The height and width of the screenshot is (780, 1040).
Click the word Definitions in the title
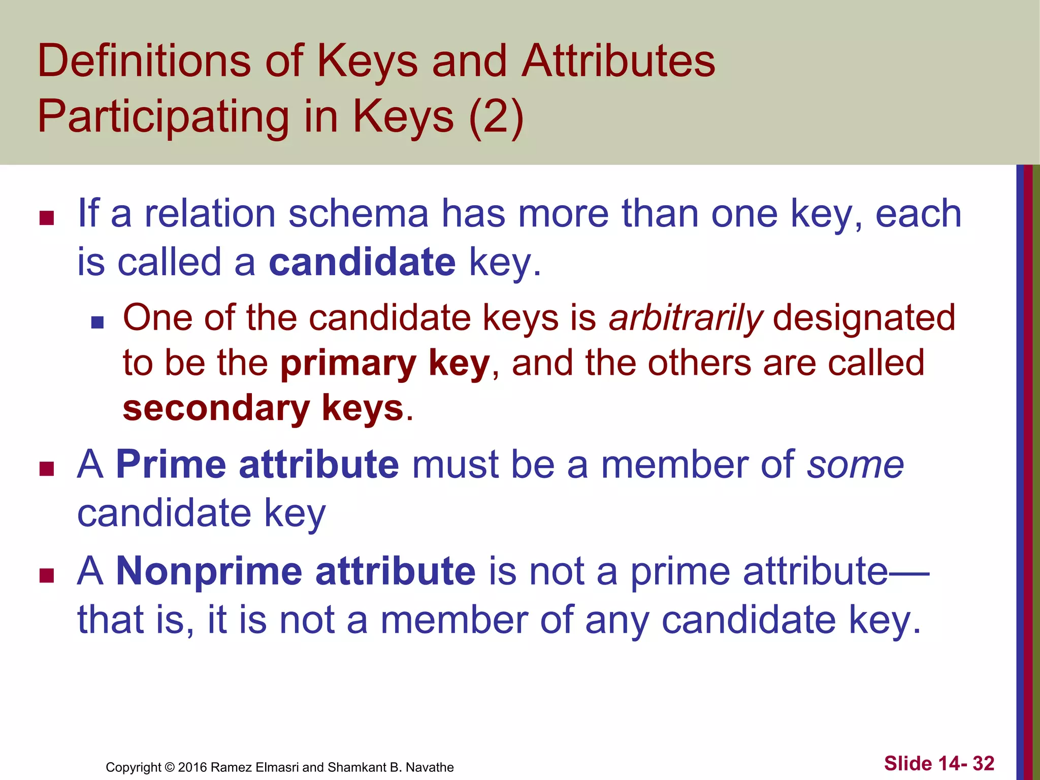pos(144,61)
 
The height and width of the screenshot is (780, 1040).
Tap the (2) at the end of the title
pos(496,116)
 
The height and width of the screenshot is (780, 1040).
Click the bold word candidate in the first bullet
pos(362,262)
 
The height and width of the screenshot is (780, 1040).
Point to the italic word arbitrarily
pos(686,318)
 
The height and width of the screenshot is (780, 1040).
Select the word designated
pos(864,318)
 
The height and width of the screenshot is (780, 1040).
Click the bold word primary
pos(348,364)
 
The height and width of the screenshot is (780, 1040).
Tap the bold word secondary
pos(216,408)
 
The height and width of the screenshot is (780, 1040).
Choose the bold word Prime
pos(171,464)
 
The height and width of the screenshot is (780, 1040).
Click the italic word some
pos(856,464)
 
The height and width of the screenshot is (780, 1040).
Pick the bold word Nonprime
pos(208,571)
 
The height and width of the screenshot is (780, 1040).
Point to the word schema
pos(359,214)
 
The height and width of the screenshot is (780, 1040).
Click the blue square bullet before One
pos(97,322)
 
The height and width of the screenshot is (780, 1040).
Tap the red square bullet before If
pos(47,218)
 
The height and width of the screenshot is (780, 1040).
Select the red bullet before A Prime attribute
pos(47,469)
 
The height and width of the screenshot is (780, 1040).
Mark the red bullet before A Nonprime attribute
pos(47,575)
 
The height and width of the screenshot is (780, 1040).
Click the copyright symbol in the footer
pos(170,767)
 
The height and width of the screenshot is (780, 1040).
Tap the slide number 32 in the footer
pos(983,763)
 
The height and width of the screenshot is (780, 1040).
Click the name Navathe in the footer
pos(430,767)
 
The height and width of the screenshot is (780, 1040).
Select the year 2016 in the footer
pos(192,767)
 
